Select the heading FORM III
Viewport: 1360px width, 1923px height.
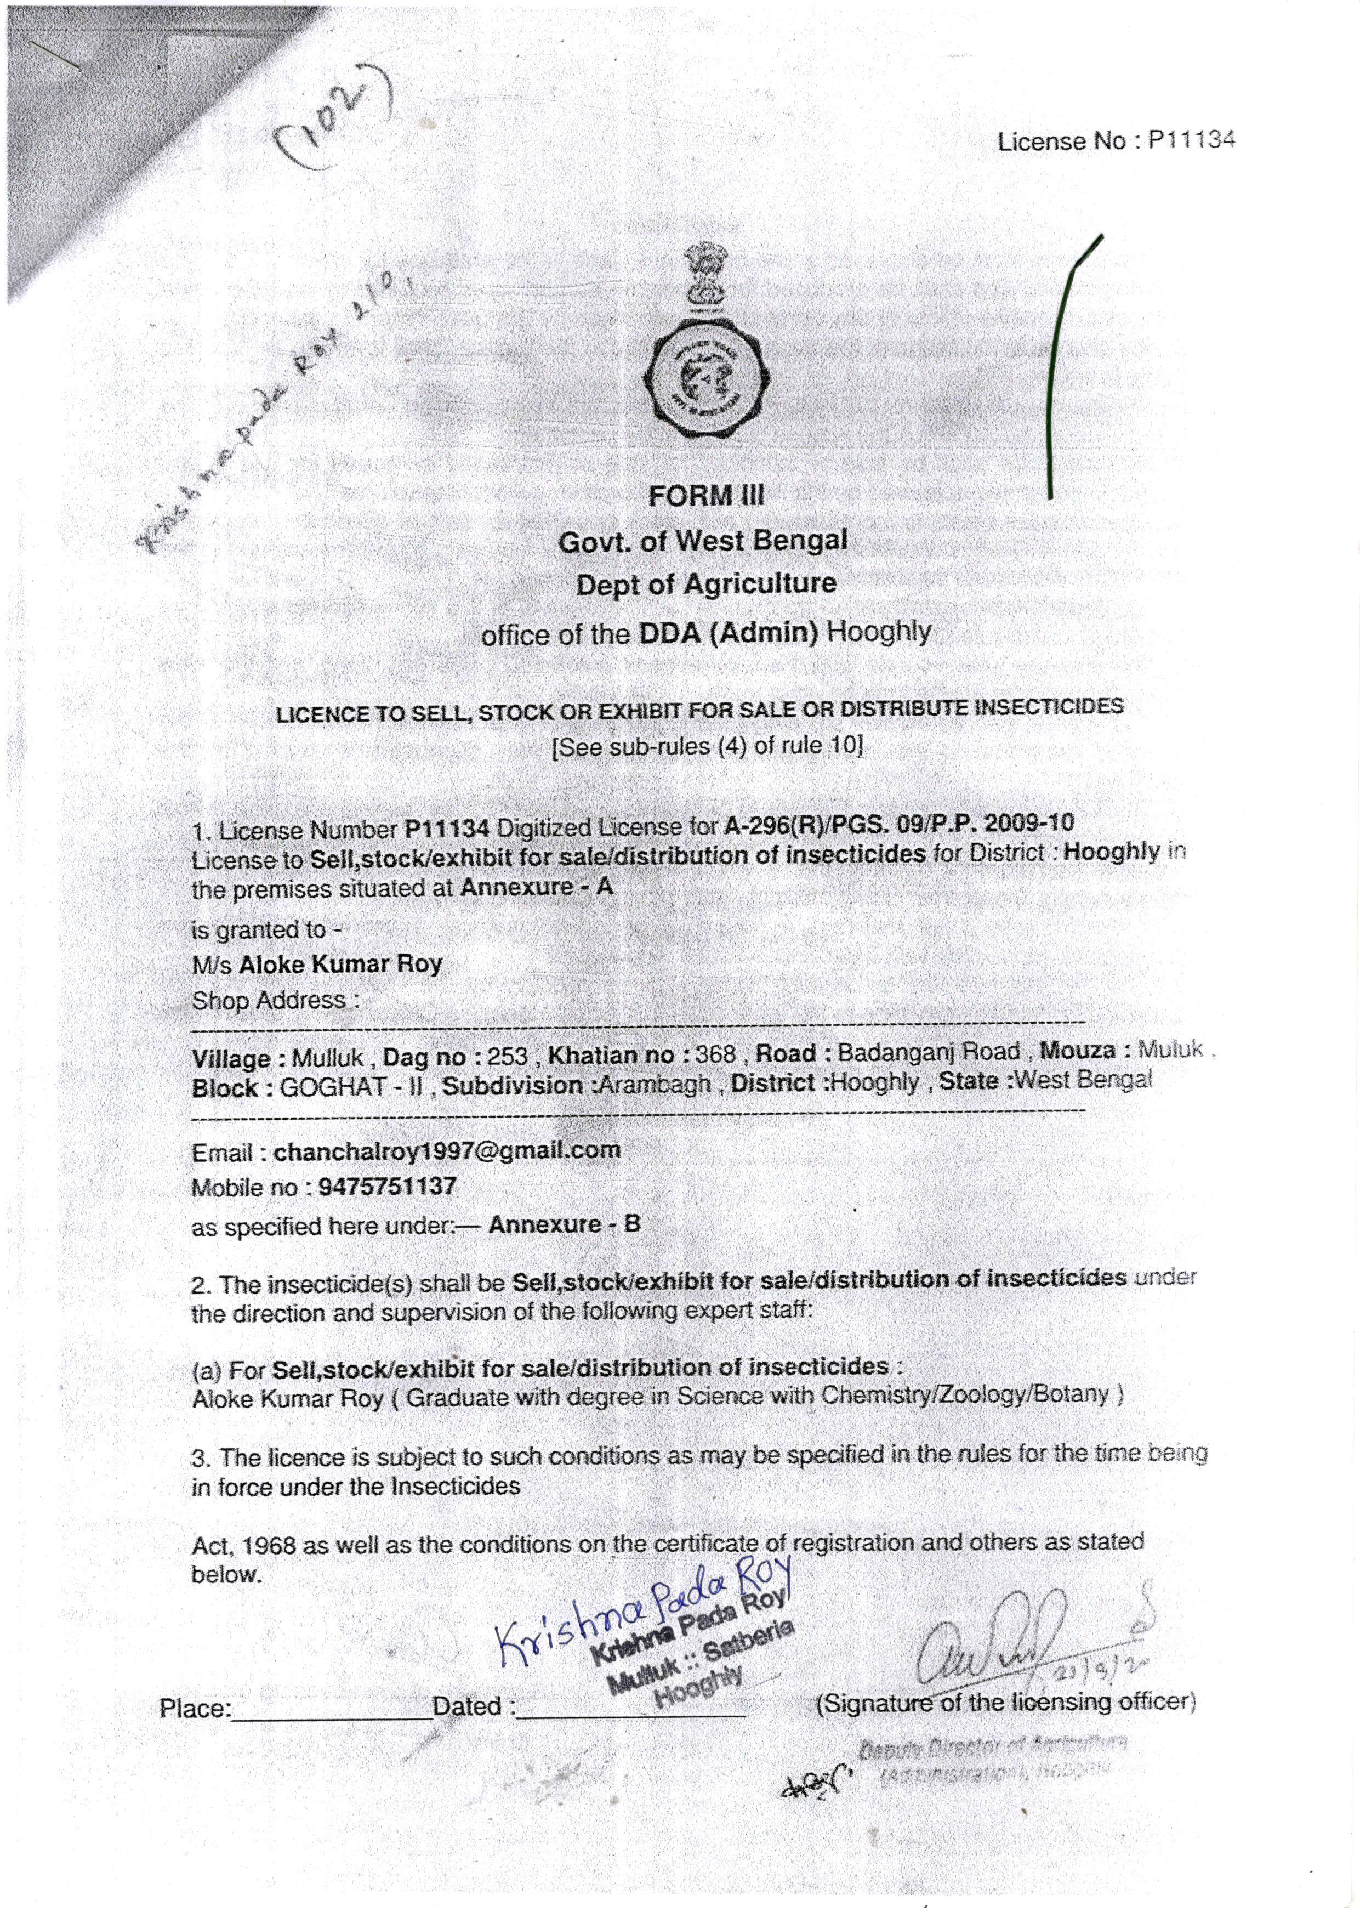tap(706, 496)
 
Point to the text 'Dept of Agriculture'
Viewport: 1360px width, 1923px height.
tap(706, 584)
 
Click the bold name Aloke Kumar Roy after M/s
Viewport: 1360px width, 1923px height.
tap(340, 964)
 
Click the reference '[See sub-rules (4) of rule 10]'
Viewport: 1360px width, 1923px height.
tap(706, 745)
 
